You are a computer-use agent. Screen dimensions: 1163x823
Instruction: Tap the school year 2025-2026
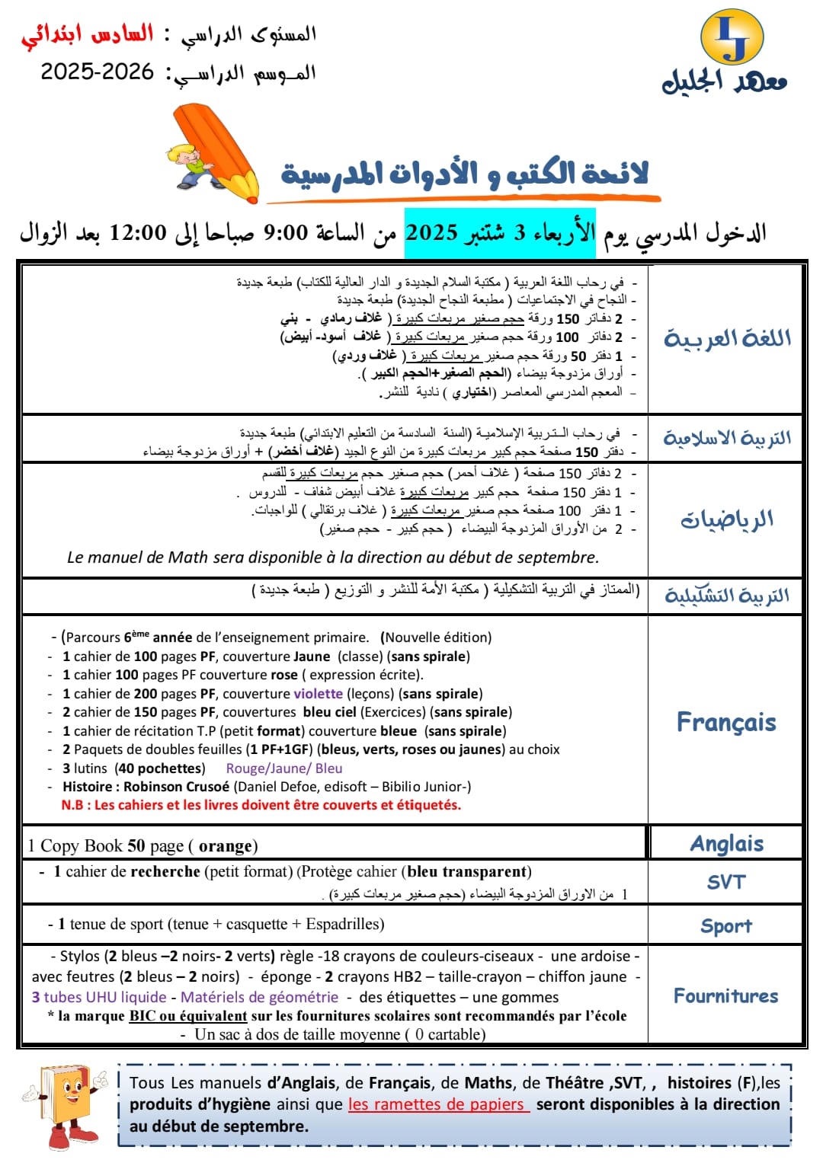point(98,72)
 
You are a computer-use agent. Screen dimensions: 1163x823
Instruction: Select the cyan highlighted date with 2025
point(499,232)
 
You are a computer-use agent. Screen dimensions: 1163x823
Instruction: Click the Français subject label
point(725,722)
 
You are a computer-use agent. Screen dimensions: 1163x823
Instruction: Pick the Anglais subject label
point(726,844)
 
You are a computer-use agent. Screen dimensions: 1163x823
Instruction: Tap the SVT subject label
point(725,882)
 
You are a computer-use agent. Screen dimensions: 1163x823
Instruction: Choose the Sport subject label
point(725,925)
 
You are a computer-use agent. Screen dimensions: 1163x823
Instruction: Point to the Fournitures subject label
point(725,995)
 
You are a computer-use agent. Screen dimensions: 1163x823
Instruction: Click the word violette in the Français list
point(318,693)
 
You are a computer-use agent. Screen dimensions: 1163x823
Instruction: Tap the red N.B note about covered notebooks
point(261,805)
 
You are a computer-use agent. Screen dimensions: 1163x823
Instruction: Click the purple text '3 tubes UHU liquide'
point(99,997)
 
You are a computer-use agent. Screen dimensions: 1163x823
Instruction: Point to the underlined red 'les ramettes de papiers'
point(438,1104)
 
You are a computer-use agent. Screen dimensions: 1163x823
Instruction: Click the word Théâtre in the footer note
point(575,1082)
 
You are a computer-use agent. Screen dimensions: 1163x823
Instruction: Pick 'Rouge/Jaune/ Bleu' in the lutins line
point(284,768)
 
